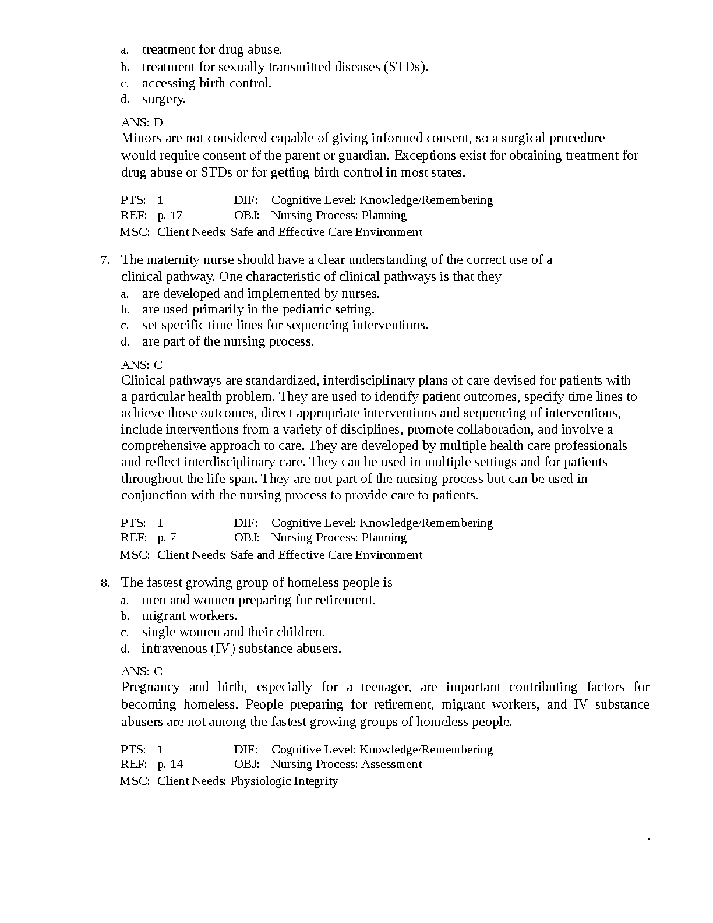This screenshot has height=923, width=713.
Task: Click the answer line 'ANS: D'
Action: pos(142,122)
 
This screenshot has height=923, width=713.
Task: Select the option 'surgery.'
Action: pos(164,99)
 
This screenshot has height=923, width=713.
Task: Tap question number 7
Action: pos(105,260)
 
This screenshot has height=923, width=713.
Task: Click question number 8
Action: pos(105,583)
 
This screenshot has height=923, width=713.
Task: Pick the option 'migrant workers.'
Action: pos(189,616)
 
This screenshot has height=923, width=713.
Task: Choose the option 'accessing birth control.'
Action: pos(206,83)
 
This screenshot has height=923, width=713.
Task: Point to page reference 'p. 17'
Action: pos(170,216)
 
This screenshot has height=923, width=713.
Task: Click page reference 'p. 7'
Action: pos(167,538)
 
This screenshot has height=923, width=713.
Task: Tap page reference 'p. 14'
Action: pos(170,765)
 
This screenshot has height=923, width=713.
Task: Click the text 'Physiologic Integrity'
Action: pos(284,781)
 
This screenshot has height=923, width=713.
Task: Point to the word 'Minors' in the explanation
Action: pos(139,139)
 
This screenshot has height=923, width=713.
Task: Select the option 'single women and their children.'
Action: pos(233,632)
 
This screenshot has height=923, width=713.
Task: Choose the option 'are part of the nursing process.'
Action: pos(228,341)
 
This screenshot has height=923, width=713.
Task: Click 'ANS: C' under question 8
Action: pos(142,672)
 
